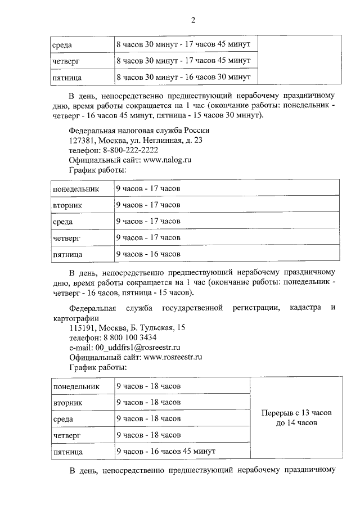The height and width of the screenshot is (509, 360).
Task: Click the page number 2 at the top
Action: pyautogui.click(x=193, y=21)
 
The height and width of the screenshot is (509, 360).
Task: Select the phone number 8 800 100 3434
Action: pyautogui.click(x=129, y=337)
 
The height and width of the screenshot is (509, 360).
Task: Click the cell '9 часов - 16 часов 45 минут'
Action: pyautogui.click(x=166, y=452)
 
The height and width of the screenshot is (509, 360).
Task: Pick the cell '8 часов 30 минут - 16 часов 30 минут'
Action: pyautogui.click(x=183, y=76)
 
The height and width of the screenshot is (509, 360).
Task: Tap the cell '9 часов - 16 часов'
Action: pyautogui.click(x=148, y=254)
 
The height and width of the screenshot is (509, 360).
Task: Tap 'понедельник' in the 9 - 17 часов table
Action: pyautogui.click(x=75, y=189)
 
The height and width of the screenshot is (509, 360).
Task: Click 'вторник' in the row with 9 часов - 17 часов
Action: pyautogui.click(x=68, y=205)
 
